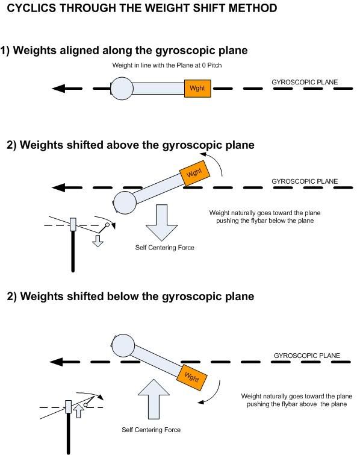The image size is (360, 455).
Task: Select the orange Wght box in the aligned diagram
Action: [x=197, y=89]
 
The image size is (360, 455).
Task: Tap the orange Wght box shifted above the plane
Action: [x=194, y=172]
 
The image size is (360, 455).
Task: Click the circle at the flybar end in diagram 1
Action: [x=122, y=89]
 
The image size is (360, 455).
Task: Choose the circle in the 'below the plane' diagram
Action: [x=122, y=345]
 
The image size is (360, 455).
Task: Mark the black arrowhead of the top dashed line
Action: [x=59, y=89]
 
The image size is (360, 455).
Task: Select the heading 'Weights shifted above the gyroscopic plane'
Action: [x=130, y=145]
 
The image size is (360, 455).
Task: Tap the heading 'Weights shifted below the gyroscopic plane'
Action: [x=130, y=296]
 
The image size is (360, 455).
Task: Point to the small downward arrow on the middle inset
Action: [x=96, y=241]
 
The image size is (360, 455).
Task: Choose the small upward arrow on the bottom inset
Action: [x=78, y=412]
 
